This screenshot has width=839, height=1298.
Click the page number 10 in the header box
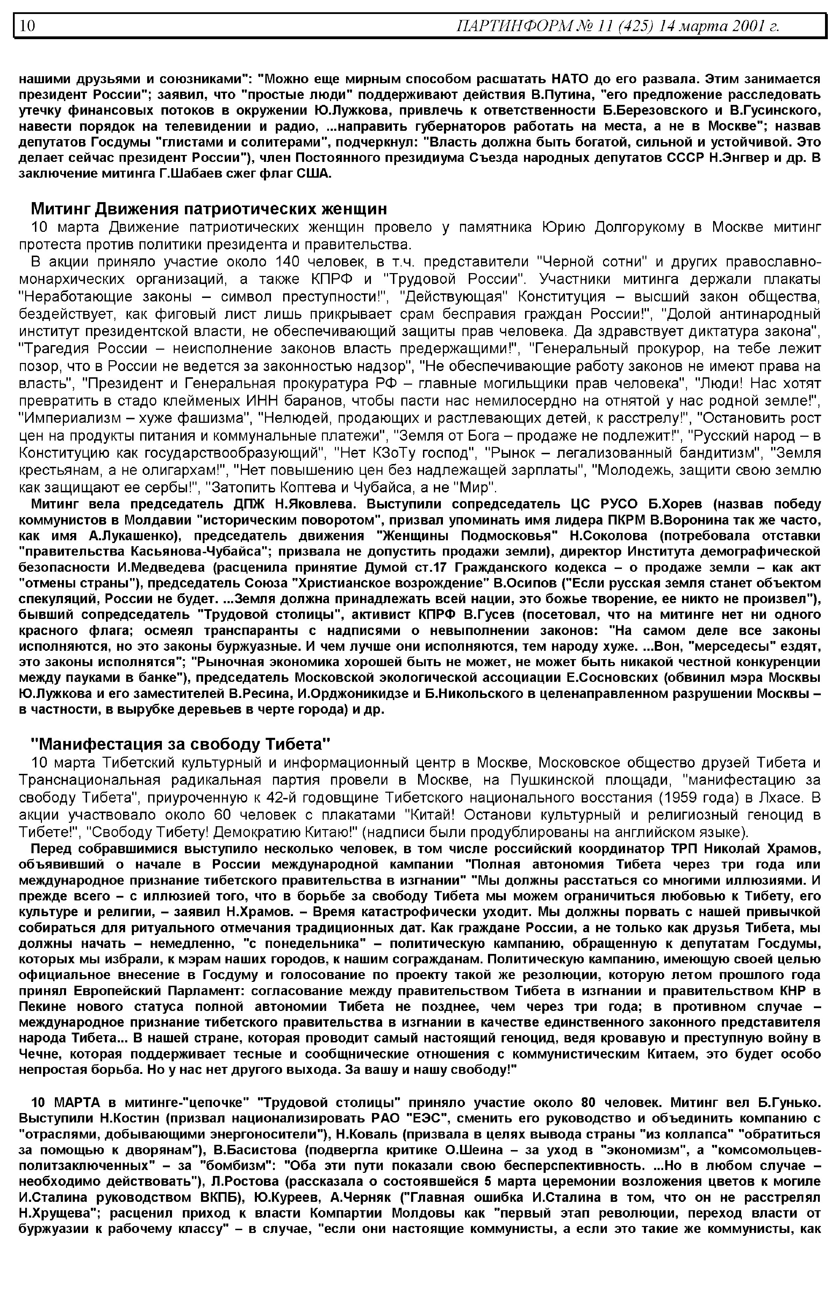click(x=27, y=26)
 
